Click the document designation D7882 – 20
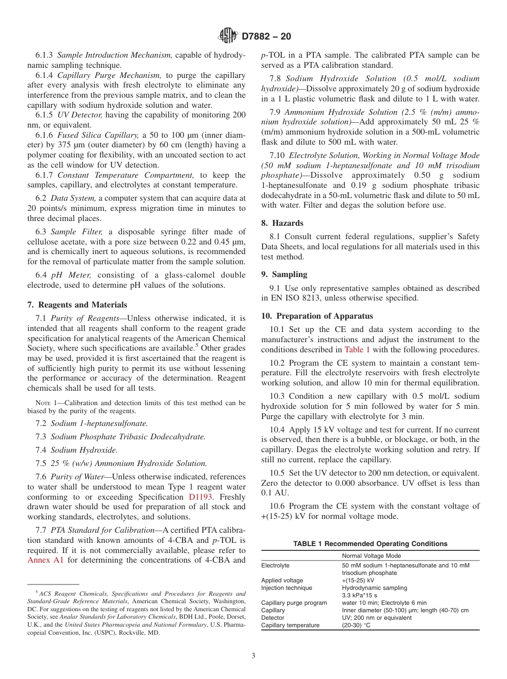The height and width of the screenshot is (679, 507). (266, 37)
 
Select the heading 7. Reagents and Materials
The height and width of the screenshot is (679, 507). (77, 305)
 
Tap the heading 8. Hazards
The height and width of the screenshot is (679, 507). (282, 223)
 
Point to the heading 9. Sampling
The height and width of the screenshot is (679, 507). (284, 274)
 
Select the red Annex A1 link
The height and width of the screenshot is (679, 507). (45, 560)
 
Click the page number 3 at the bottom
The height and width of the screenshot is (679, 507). (253, 656)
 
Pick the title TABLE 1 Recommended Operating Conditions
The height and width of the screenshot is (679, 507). (370, 544)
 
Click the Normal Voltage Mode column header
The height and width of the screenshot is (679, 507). (371, 556)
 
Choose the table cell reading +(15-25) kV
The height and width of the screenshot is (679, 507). (358, 580)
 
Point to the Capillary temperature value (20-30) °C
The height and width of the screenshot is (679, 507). (356, 625)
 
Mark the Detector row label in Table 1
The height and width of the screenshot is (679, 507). (273, 618)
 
